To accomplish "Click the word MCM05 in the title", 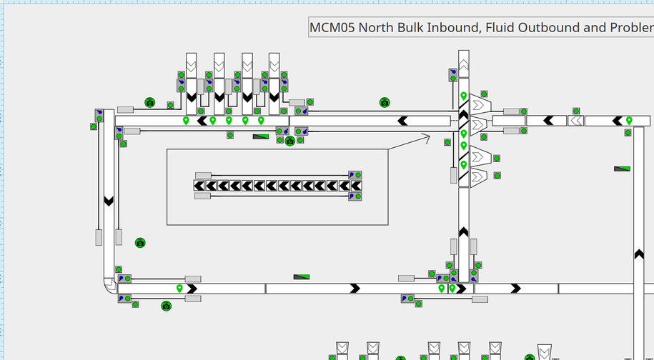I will point(332,28).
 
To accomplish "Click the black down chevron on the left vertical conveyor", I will point(109,201).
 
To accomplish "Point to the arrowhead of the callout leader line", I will point(427,138).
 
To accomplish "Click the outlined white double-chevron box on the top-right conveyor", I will point(575,121).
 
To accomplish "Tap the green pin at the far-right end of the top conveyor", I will point(629,121).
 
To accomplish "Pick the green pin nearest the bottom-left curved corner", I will point(179,289).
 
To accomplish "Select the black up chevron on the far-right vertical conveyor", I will point(639,254).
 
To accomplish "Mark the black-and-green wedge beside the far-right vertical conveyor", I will point(622,169).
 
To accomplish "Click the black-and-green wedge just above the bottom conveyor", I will point(302,277).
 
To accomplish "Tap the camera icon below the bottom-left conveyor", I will point(167,306).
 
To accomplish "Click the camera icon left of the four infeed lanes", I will point(150,103).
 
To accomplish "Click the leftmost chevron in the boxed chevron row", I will point(200,186).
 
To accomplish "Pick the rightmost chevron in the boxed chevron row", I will point(356,186).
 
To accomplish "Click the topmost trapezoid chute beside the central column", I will point(478,106).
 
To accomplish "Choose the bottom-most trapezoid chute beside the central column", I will point(478,176).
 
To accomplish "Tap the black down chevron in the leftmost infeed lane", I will point(191,96).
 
